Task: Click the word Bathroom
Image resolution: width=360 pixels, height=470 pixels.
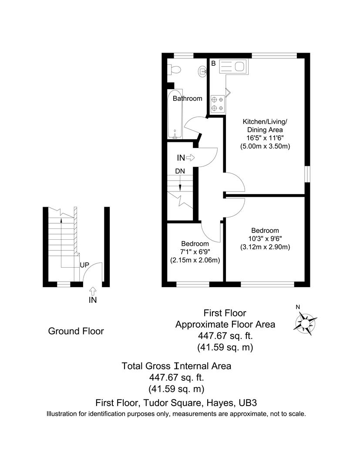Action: coord(187,98)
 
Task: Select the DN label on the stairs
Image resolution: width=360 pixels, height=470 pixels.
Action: coord(180,171)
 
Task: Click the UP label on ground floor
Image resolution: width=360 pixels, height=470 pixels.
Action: coord(85,265)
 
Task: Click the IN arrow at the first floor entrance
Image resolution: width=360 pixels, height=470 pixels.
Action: coord(191,158)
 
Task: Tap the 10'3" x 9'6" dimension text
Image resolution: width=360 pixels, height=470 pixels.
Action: coord(265,238)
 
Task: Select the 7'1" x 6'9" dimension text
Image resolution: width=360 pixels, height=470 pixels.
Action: coord(195,252)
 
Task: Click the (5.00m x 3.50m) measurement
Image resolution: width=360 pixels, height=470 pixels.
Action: coord(265,146)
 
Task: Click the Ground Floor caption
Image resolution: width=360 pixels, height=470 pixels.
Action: coord(76,331)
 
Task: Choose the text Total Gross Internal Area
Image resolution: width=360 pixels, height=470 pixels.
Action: coord(176,366)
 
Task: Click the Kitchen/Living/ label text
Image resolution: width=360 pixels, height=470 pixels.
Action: coord(265,121)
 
